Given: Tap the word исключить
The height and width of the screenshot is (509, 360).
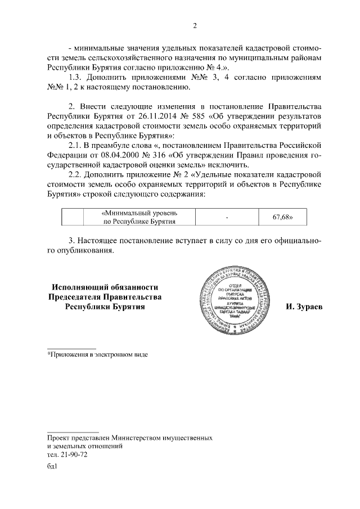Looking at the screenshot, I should point(229,165).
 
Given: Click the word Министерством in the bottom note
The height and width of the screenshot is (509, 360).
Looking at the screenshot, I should point(136,437).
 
